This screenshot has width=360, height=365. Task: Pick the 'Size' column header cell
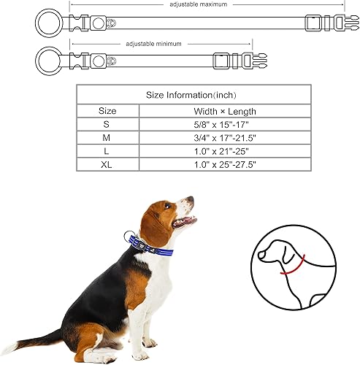click(107, 111)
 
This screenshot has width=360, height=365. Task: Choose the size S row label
click(107, 125)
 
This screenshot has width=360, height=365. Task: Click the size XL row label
click(107, 165)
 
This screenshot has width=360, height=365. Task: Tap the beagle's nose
click(191, 199)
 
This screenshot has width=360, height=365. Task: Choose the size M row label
click(107, 138)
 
